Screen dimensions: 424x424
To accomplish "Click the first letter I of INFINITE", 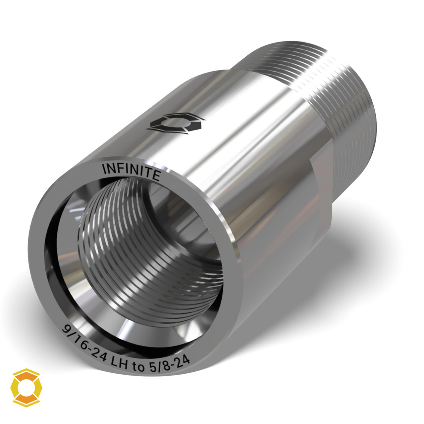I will pyautogui.click(x=105, y=170).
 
